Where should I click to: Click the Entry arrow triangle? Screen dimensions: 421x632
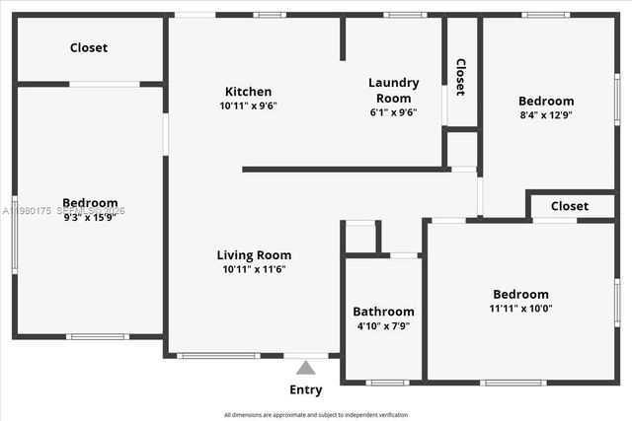[x=306, y=368]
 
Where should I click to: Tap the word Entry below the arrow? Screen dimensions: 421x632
[x=306, y=389]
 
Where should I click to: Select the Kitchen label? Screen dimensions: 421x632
[x=248, y=92]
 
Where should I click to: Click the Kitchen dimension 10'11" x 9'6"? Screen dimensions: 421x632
[x=248, y=105]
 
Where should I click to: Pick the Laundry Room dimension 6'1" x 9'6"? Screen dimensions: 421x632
[x=394, y=112]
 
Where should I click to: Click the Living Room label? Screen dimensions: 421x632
[x=254, y=255]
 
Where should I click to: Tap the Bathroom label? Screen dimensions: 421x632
[x=383, y=312]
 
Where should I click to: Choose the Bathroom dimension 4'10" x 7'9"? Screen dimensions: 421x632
[x=383, y=325]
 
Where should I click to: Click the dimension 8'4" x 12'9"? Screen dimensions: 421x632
[x=546, y=114]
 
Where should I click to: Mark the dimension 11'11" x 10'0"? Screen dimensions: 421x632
[x=520, y=308]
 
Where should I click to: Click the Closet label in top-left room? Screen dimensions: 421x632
[x=89, y=47]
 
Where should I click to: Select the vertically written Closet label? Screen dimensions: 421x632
[x=460, y=76]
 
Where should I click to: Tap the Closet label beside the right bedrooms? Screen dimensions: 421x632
[x=570, y=206]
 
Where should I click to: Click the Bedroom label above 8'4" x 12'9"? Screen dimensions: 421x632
[x=546, y=101]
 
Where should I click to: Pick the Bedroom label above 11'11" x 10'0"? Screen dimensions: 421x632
[x=520, y=294]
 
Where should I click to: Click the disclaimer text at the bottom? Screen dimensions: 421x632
[x=316, y=415]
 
